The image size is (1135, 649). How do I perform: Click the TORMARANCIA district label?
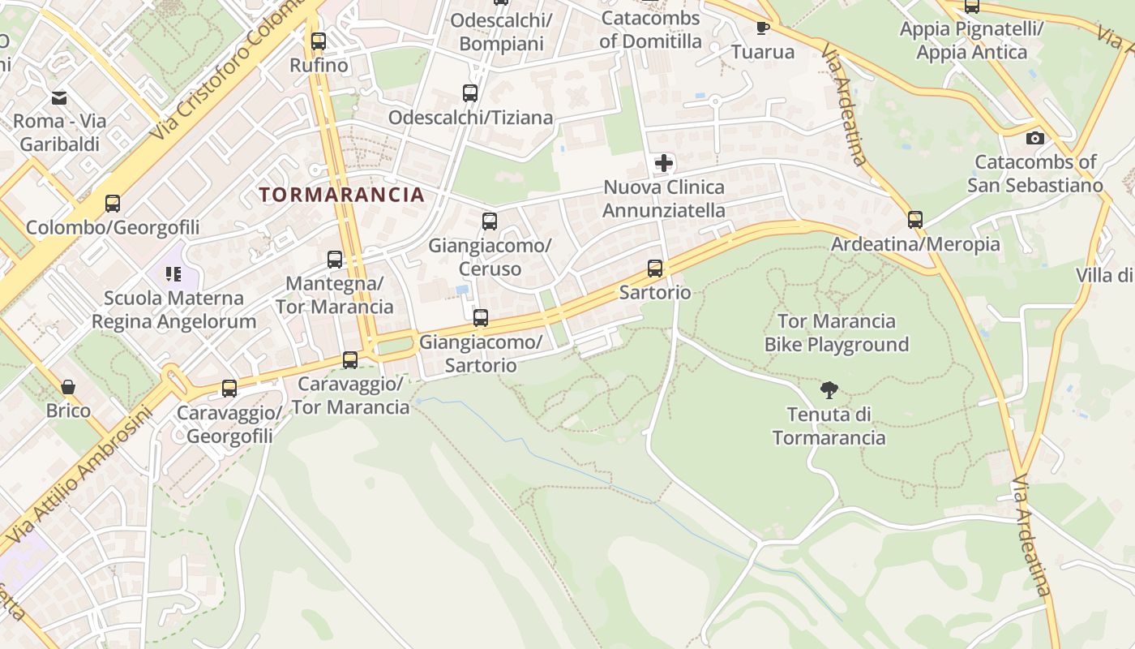click(341, 195)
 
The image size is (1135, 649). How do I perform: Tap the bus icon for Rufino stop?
click(319, 41)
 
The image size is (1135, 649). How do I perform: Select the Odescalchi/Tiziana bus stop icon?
click(470, 93)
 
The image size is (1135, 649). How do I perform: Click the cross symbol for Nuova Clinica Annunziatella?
click(664, 163)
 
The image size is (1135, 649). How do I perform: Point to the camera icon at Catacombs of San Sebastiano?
click(1035, 138)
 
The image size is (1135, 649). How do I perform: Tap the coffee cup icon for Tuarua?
click(763, 28)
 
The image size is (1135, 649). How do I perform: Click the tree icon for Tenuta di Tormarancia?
click(829, 390)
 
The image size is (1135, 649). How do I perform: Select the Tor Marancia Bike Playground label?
click(837, 333)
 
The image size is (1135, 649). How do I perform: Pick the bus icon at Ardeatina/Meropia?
click(915, 220)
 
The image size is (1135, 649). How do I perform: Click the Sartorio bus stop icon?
click(655, 269)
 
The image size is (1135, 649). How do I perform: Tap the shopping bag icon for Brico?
click(68, 387)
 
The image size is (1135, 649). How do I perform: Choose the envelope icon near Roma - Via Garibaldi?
click(59, 98)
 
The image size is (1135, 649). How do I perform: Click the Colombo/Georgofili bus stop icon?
click(113, 204)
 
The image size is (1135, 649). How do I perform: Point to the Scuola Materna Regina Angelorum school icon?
click(173, 274)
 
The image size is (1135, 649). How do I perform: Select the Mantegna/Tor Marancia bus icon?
click(335, 260)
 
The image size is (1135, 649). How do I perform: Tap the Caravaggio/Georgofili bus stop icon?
click(229, 389)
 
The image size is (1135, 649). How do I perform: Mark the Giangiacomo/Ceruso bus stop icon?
click(490, 221)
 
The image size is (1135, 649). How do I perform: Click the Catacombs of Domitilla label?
click(651, 29)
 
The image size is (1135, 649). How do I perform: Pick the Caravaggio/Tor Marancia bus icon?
click(350, 360)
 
